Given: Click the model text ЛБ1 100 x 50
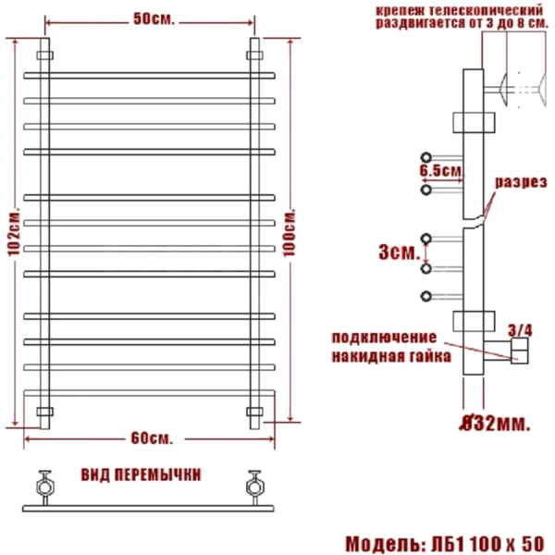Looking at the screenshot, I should pyautogui.click(x=482, y=541).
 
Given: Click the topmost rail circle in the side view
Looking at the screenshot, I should pyautogui.click(x=425, y=156).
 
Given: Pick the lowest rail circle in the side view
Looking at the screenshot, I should pyautogui.click(x=425, y=296).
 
